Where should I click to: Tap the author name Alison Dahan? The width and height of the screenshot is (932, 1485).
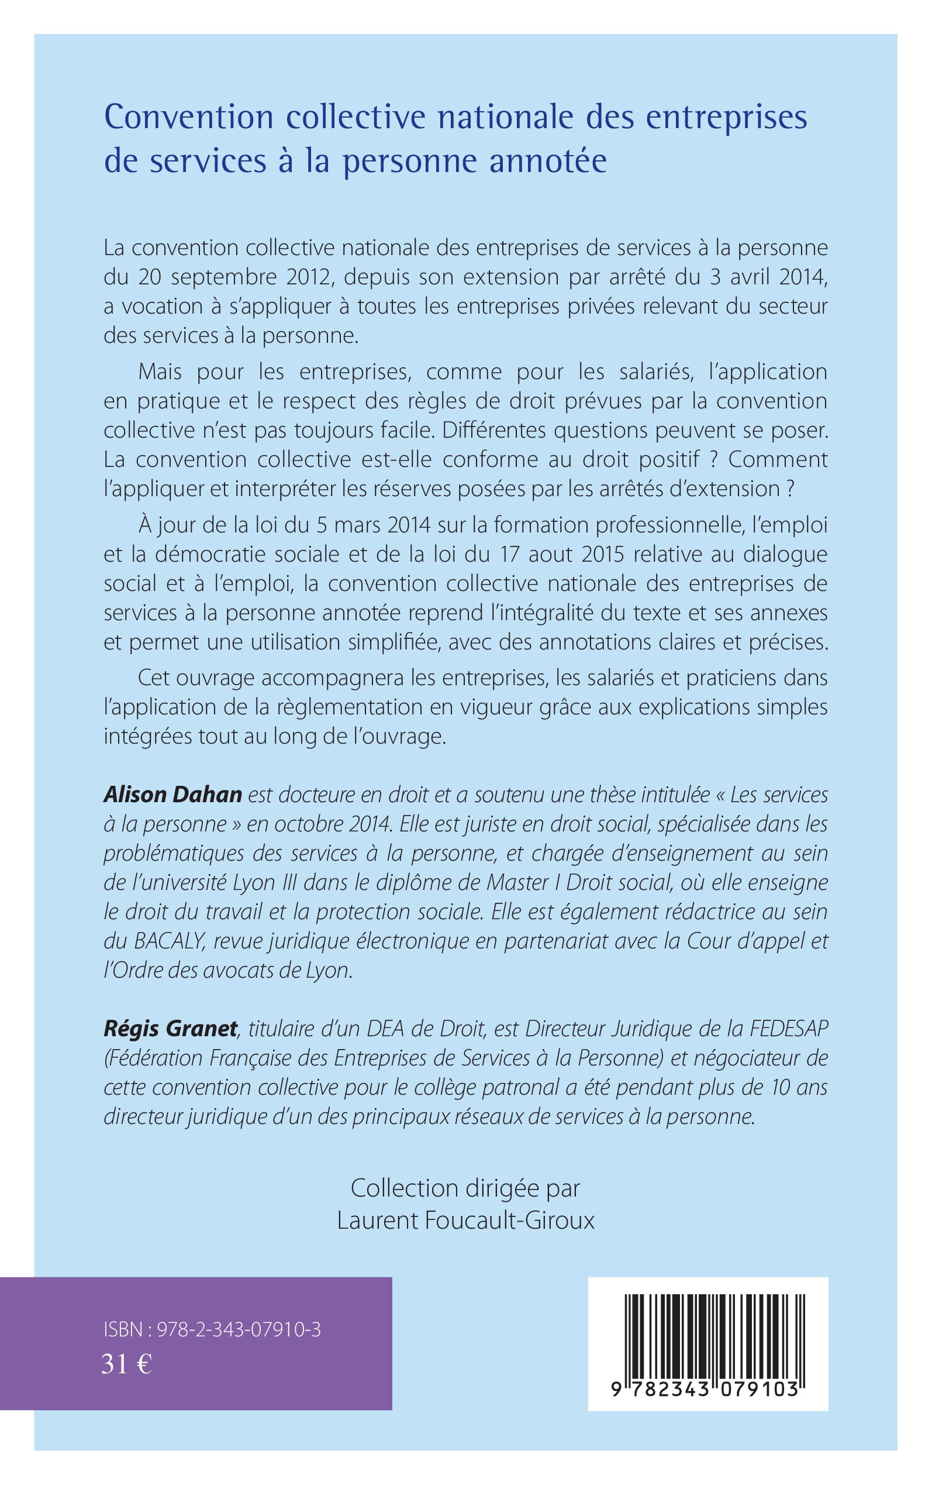point(172,795)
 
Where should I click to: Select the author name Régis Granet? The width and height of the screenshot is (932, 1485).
point(171,1029)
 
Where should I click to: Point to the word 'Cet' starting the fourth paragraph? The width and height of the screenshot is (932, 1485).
point(154,678)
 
